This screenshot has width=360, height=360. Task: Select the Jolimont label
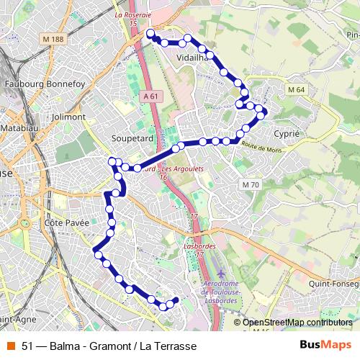point(68,116)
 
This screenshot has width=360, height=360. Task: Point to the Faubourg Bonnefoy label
point(45,84)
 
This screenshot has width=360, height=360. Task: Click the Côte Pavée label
point(67,222)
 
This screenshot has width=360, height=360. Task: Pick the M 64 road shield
point(296,89)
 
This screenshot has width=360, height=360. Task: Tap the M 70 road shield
point(250,185)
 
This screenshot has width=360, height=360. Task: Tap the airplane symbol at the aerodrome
point(220,276)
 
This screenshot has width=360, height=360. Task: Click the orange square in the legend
point(11,346)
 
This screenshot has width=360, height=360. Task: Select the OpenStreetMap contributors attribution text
point(297,323)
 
